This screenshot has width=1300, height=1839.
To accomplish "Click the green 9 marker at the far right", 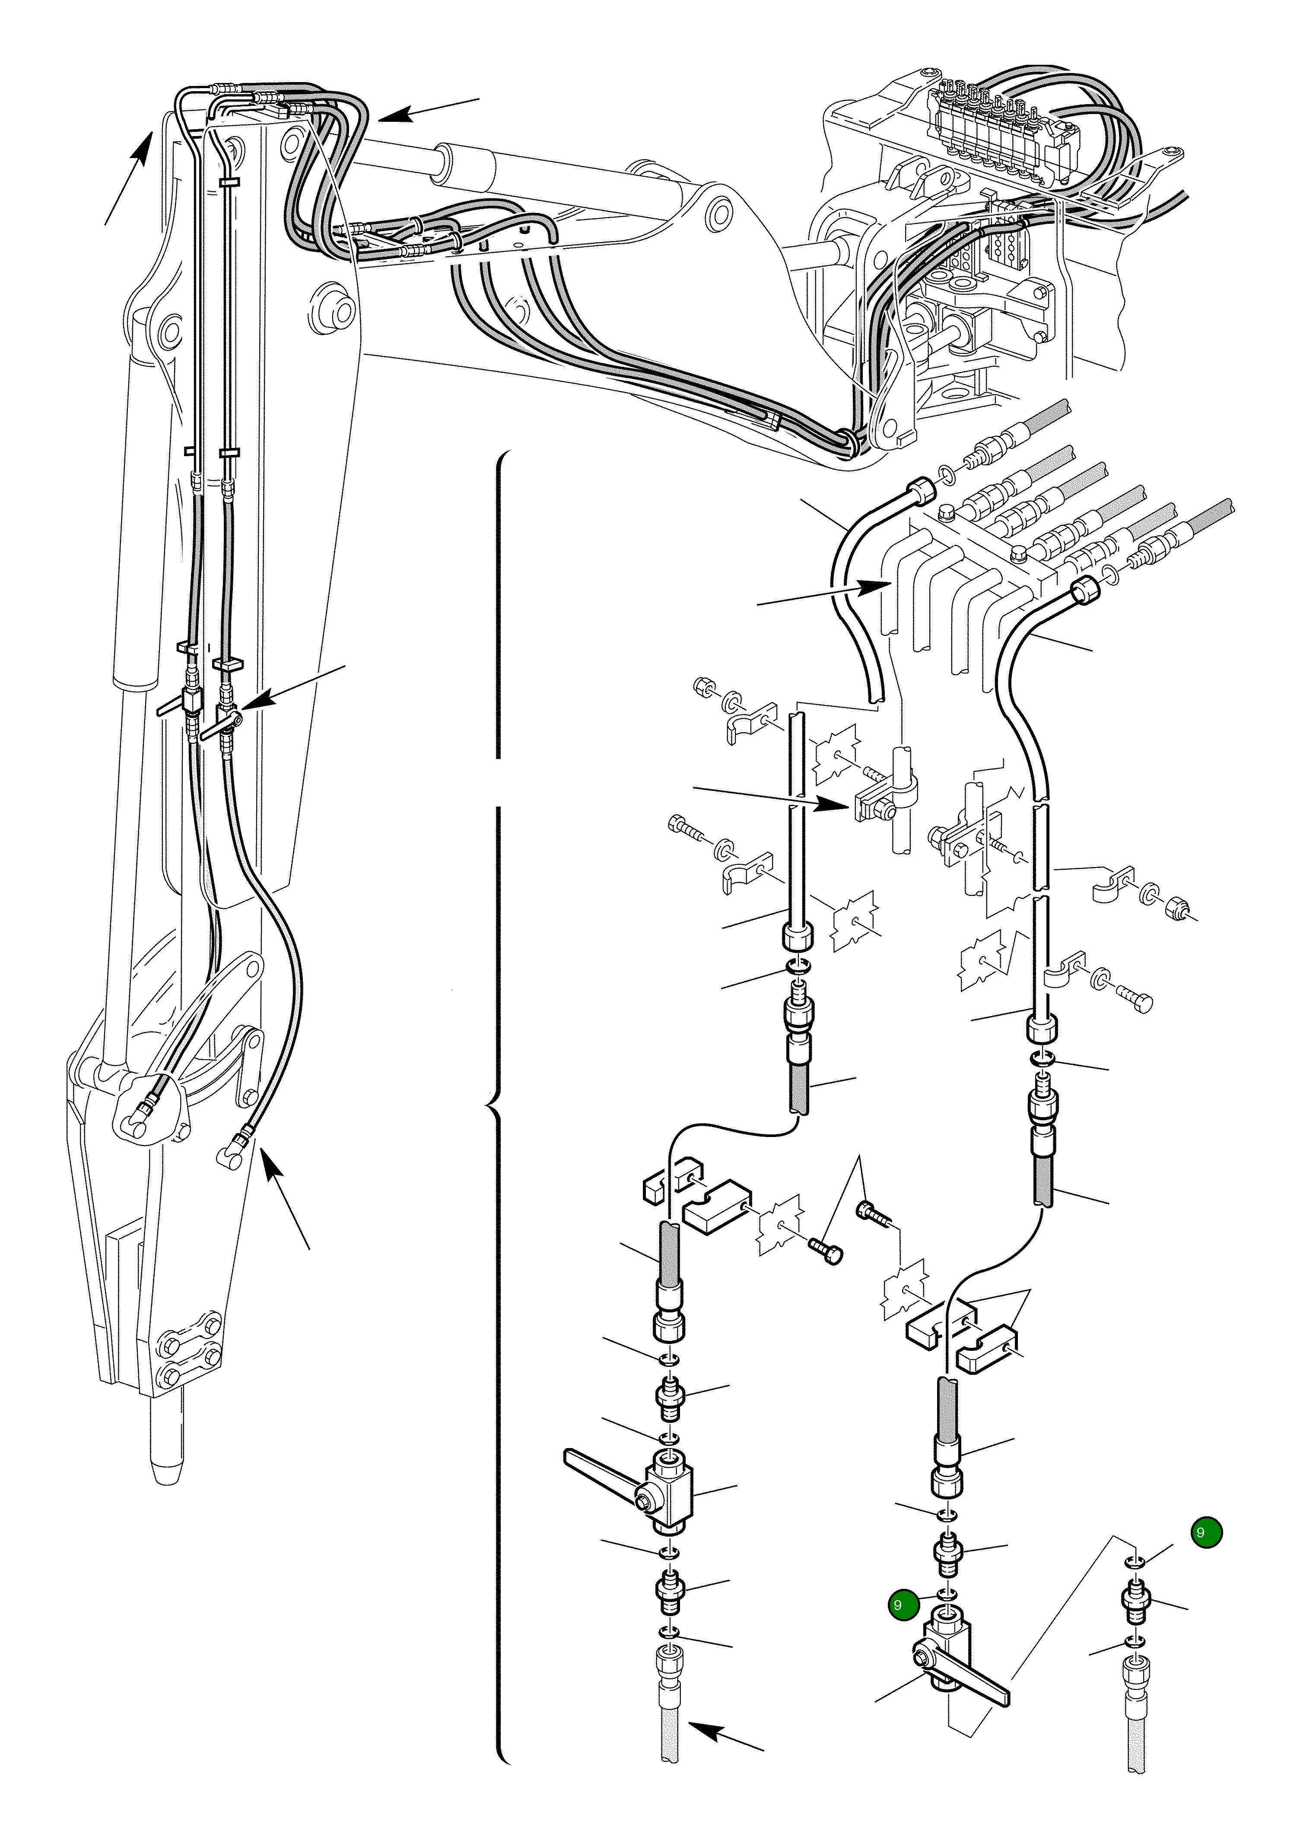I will [1205, 1532].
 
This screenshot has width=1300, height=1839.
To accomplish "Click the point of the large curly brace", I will [490, 1108].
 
